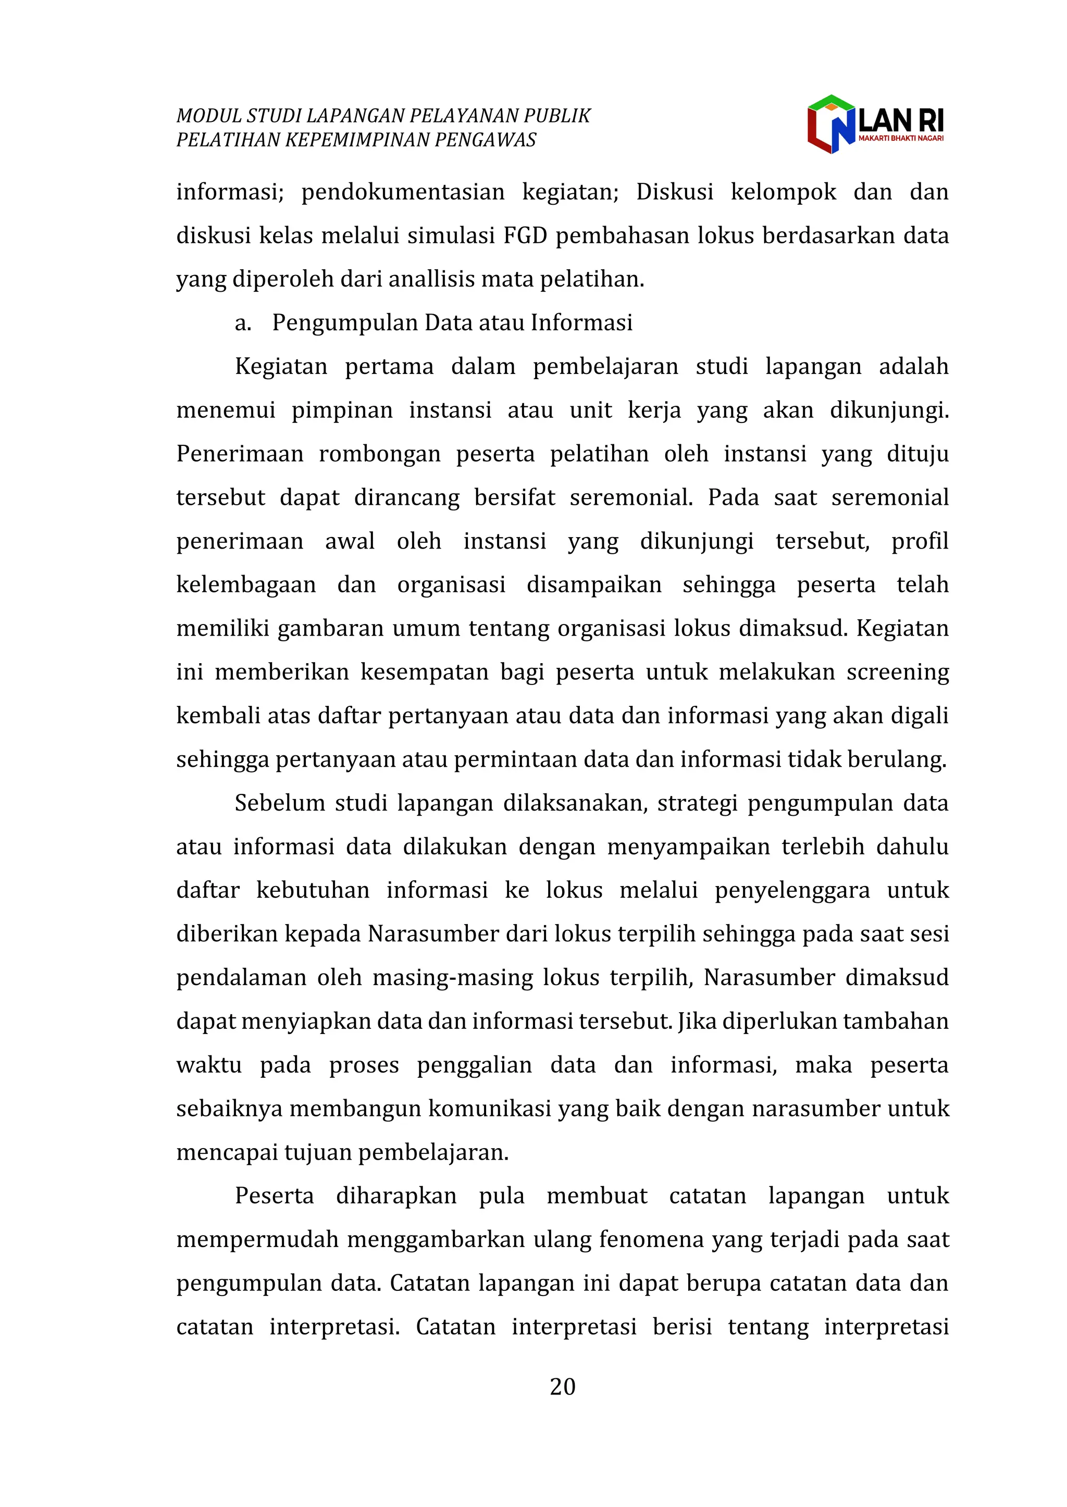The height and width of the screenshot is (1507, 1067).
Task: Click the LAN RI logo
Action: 875,124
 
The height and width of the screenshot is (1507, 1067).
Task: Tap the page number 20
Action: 562,1386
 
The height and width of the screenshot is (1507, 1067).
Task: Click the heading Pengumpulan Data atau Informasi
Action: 452,322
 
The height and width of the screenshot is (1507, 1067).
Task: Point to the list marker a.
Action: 242,323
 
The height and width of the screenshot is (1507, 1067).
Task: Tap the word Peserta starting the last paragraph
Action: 274,1195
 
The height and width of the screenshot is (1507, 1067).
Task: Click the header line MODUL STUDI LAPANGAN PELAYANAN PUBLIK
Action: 383,116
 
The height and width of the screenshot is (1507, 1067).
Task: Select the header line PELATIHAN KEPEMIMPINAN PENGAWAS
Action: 356,140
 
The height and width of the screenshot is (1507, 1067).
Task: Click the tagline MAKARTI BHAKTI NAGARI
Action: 901,139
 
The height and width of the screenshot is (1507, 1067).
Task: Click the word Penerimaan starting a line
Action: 239,454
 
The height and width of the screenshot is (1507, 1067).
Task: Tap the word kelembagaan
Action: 246,584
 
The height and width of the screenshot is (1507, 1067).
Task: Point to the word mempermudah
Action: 257,1239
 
